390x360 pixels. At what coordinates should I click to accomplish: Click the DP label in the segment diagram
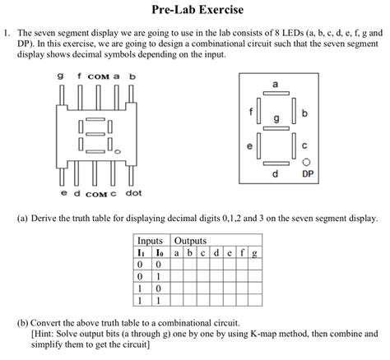(306, 175)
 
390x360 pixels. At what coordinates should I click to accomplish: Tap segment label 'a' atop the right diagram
(275, 85)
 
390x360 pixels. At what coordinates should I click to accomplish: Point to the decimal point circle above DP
(306, 162)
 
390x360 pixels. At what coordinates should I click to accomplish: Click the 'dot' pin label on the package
(133, 194)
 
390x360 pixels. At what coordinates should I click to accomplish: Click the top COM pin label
(98, 76)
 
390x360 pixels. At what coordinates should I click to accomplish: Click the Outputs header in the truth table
(190, 242)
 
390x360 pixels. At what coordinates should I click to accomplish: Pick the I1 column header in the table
(142, 253)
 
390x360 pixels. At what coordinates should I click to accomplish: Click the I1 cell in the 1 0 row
(142, 289)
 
